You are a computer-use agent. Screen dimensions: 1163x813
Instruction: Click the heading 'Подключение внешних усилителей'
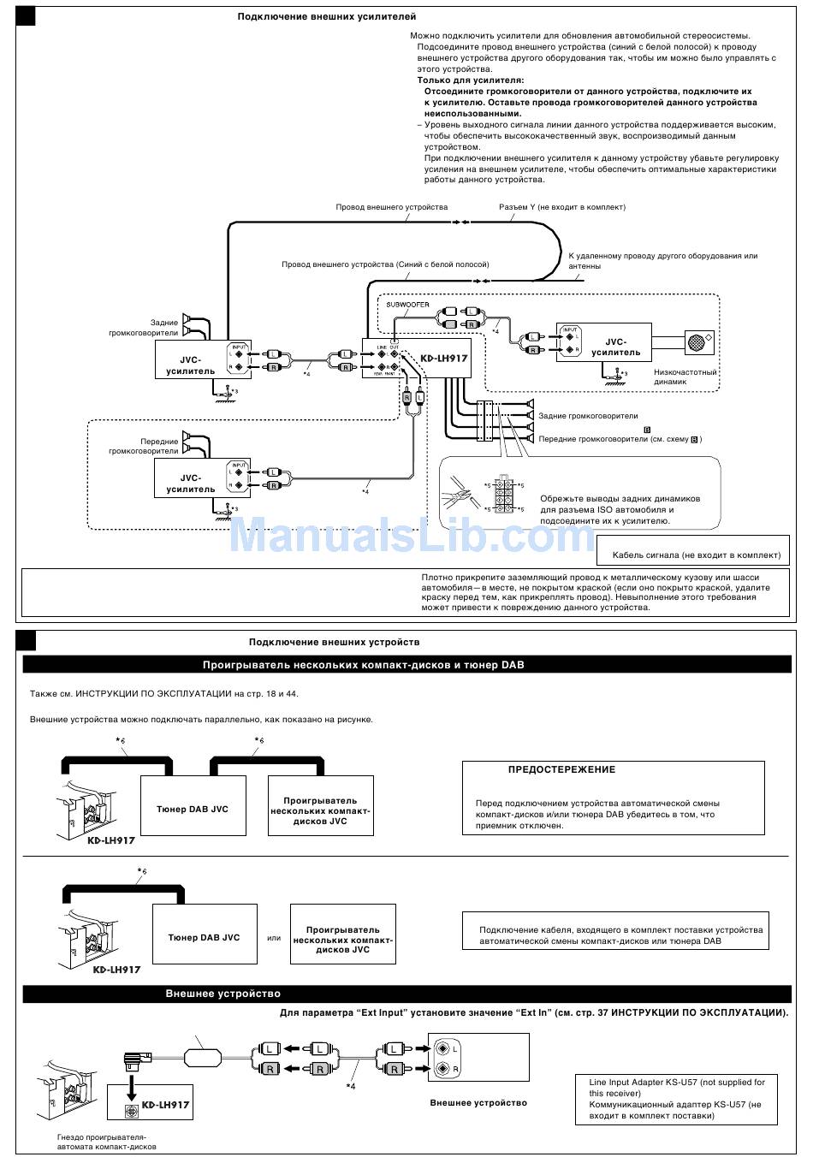[x=327, y=16]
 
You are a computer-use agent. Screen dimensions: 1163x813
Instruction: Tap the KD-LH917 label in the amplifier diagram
[x=444, y=359]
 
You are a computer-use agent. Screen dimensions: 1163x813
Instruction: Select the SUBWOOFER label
[x=407, y=305]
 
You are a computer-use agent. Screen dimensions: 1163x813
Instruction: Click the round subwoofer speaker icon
[x=697, y=342]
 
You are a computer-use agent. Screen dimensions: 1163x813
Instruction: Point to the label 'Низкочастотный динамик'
[x=685, y=377]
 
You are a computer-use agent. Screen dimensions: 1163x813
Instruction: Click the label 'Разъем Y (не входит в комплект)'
[x=562, y=207]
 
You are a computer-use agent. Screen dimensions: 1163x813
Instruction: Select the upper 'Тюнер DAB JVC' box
[x=193, y=809]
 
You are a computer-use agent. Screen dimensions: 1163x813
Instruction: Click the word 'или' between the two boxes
[x=274, y=938]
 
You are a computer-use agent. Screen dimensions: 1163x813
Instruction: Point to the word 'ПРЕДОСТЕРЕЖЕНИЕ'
[x=561, y=769]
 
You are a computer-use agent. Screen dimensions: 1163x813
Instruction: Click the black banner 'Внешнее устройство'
[x=223, y=994]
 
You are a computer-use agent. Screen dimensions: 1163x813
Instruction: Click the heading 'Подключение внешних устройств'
[x=334, y=642]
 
